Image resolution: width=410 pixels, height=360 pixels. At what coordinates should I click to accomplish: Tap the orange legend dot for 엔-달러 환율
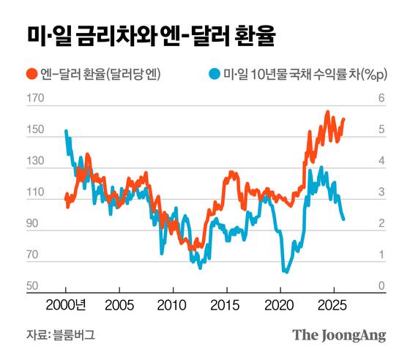tap(31, 74)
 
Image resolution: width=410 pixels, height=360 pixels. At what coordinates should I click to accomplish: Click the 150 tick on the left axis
tap(34, 130)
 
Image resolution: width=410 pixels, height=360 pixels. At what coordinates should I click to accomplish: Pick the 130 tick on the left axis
tap(34, 162)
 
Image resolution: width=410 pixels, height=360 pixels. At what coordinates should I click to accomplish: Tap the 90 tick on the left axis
tap(35, 224)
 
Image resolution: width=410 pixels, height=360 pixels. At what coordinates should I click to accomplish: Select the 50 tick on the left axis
tap(35, 286)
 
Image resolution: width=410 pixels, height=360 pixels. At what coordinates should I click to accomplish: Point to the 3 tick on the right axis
tap(380, 192)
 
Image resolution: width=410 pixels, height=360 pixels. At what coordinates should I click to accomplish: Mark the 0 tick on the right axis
tap(380, 286)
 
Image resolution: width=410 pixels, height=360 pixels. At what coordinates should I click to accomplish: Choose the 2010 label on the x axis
tap(172, 304)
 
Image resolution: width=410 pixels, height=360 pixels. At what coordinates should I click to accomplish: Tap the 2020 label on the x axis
tap(280, 304)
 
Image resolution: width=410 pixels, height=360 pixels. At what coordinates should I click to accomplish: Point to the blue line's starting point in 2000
tap(66, 131)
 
